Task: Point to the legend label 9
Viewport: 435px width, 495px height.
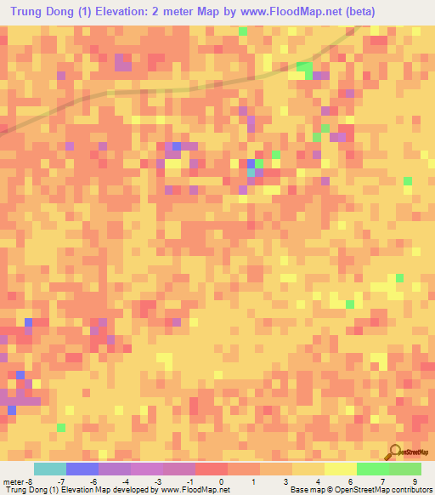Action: coord(415,481)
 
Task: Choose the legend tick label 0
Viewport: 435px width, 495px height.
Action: coord(222,481)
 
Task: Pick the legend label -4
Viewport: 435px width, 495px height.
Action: coord(125,481)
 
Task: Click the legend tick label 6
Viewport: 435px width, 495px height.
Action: coord(350,481)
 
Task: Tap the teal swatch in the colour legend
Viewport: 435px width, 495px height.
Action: coord(49,469)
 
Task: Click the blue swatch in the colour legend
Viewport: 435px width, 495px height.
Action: coord(82,469)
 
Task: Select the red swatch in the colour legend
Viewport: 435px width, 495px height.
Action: coord(211,469)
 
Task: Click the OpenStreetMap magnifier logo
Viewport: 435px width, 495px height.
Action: coord(395,451)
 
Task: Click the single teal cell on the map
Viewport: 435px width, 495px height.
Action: coord(251,173)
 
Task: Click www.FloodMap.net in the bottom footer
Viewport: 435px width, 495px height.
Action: coord(195,490)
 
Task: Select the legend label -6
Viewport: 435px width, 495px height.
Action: coord(93,481)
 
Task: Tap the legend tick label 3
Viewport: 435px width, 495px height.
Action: coord(286,481)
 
